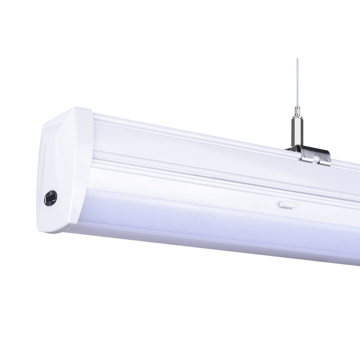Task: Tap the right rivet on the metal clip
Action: [x=328, y=160]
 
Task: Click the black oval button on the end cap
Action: [x=51, y=198]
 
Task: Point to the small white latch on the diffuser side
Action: [x=285, y=205]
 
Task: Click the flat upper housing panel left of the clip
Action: [x=189, y=144]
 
